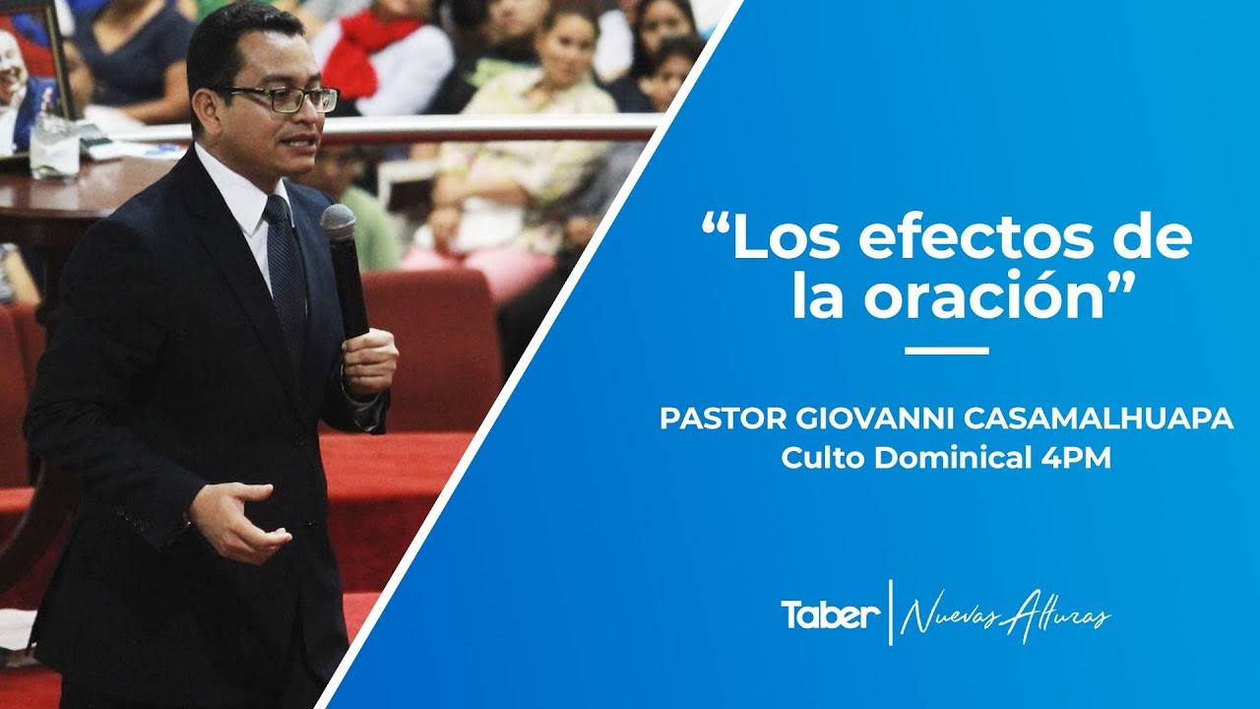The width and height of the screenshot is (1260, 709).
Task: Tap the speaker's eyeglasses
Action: tap(285, 98)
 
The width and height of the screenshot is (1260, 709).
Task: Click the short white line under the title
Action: tap(946, 351)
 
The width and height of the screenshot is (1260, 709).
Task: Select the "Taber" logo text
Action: tap(830, 615)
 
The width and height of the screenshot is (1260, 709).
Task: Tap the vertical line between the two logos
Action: tap(891, 612)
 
